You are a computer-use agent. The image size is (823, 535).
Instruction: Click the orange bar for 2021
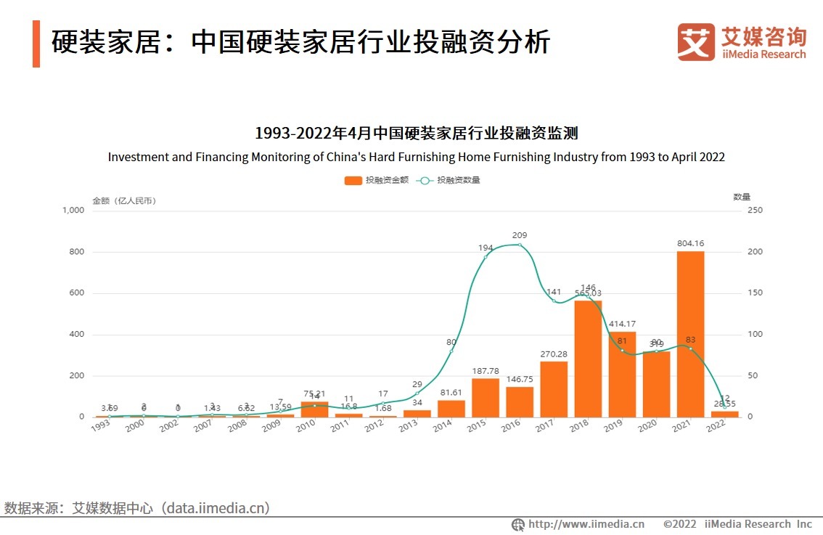click(x=690, y=334)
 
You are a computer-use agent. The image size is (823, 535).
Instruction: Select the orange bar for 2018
click(x=588, y=359)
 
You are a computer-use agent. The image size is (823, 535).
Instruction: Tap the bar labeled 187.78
click(x=486, y=398)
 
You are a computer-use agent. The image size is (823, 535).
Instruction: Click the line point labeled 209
click(x=520, y=245)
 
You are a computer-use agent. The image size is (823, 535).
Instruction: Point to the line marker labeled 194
click(x=486, y=257)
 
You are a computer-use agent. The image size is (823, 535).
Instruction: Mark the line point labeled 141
click(x=554, y=301)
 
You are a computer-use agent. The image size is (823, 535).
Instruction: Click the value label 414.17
click(x=622, y=323)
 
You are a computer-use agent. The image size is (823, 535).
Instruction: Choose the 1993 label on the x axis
click(x=101, y=426)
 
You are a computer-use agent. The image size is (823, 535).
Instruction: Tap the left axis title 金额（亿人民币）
click(x=124, y=200)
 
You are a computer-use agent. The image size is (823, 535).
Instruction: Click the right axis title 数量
click(x=741, y=197)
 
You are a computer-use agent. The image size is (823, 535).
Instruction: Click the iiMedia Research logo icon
click(x=696, y=41)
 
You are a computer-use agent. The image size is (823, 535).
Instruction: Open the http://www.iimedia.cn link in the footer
click(x=586, y=524)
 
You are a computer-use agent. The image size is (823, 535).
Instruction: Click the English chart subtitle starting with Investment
click(x=416, y=157)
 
